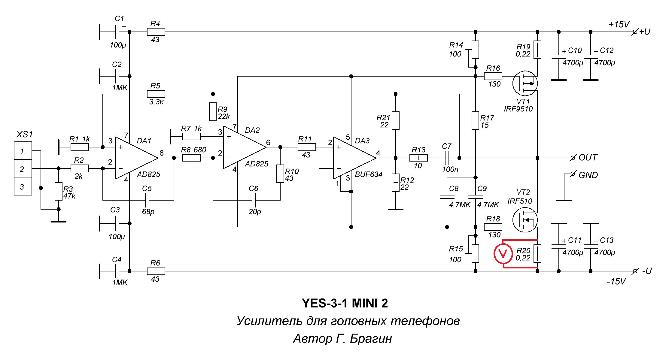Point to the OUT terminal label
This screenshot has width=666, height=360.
click(x=588, y=158)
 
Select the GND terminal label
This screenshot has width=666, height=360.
click(x=588, y=175)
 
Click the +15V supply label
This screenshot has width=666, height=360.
click(x=619, y=24)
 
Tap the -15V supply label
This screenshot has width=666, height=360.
click(x=616, y=281)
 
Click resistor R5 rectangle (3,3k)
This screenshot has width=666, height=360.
click(x=156, y=94)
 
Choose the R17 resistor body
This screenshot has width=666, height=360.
click(x=475, y=120)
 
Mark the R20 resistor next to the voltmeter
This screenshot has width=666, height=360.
click(x=537, y=254)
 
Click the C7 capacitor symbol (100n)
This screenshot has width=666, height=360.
click(x=447, y=158)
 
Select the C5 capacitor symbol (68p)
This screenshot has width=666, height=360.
click(x=147, y=200)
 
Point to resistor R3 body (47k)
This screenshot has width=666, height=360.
click(x=59, y=191)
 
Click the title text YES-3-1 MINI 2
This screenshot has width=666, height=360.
click(x=345, y=303)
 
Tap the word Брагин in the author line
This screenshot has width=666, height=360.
click(x=371, y=338)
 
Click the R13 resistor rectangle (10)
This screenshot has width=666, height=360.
click(x=418, y=158)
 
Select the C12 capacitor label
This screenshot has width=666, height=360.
click(x=606, y=50)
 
